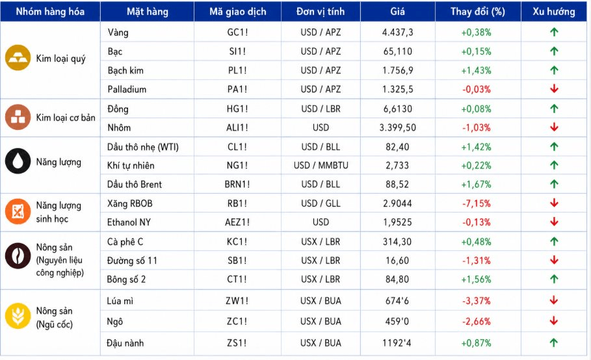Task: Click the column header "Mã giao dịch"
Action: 238,12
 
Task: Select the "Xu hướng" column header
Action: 554,12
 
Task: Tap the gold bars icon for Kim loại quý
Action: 18,58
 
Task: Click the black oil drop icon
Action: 18,161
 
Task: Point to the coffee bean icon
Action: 18,256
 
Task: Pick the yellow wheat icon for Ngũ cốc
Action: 18,316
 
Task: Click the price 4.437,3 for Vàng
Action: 398,32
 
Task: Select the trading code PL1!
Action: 237,70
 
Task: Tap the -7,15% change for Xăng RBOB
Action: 477,204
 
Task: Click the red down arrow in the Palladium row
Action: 554,89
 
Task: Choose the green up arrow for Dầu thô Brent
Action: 554,184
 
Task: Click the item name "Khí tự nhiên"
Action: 131,166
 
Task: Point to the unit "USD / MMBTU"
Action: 321,165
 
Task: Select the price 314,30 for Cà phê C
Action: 397,242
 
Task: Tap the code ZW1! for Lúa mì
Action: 237,301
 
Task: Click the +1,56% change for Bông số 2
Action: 477,279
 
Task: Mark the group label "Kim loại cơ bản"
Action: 66,118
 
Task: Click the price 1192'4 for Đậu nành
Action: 397,343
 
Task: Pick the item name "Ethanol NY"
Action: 129,222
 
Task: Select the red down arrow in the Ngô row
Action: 554,321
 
